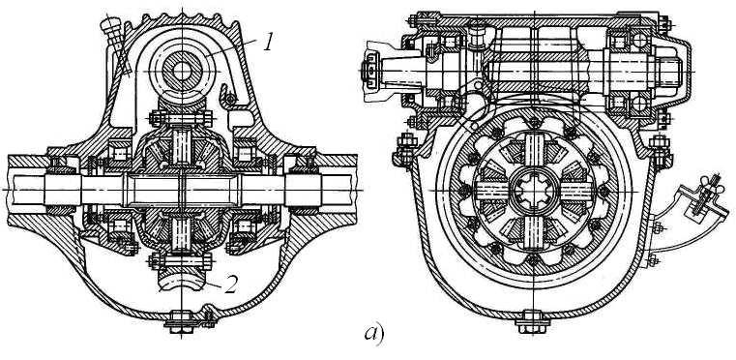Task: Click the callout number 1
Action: pyautogui.click(x=268, y=44)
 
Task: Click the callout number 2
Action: pyautogui.click(x=230, y=285)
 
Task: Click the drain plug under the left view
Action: pyautogui.click(x=182, y=322)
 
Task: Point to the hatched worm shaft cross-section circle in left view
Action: pyautogui.click(x=182, y=71)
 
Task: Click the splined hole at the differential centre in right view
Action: pyautogui.click(x=533, y=192)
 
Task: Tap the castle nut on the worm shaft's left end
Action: pyautogui.click(x=370, y=71)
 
